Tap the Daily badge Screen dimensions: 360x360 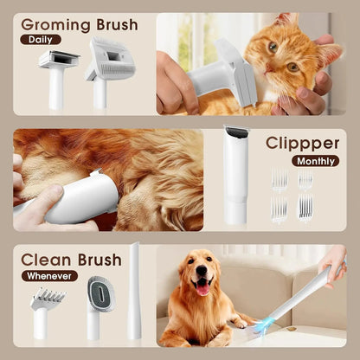[x=41, y=39]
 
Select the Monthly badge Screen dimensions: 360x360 [x=315, y=160]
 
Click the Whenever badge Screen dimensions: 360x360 [x=50, y=276]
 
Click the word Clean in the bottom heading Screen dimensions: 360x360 [x=46, y=260]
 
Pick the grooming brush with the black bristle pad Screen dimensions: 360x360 [x=58, y=71]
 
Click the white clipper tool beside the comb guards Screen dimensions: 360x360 [x=235, y=173]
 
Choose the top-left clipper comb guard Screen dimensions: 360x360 [x=279, y=179]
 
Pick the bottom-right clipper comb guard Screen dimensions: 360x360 [x=305, y=208]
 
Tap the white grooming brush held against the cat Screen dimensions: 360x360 [x=223, y=76]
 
